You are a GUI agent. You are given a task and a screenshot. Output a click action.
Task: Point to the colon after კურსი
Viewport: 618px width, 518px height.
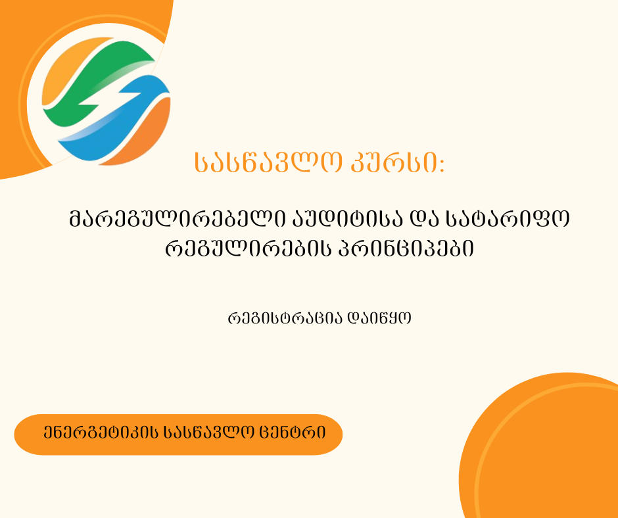[x=441, y=165]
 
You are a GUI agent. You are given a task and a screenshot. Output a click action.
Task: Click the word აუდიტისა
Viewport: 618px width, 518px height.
[x=347, y=219]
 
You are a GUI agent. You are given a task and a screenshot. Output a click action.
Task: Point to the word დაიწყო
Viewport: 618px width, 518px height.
[x=379, y=318]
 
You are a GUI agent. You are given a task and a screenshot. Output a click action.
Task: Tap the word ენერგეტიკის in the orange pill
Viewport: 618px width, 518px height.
[x=101, y=433]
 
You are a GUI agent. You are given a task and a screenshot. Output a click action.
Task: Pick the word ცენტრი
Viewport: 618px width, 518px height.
[x=293, y=433]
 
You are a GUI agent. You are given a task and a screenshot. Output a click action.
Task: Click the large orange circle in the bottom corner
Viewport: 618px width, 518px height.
[x=544, y=450]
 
